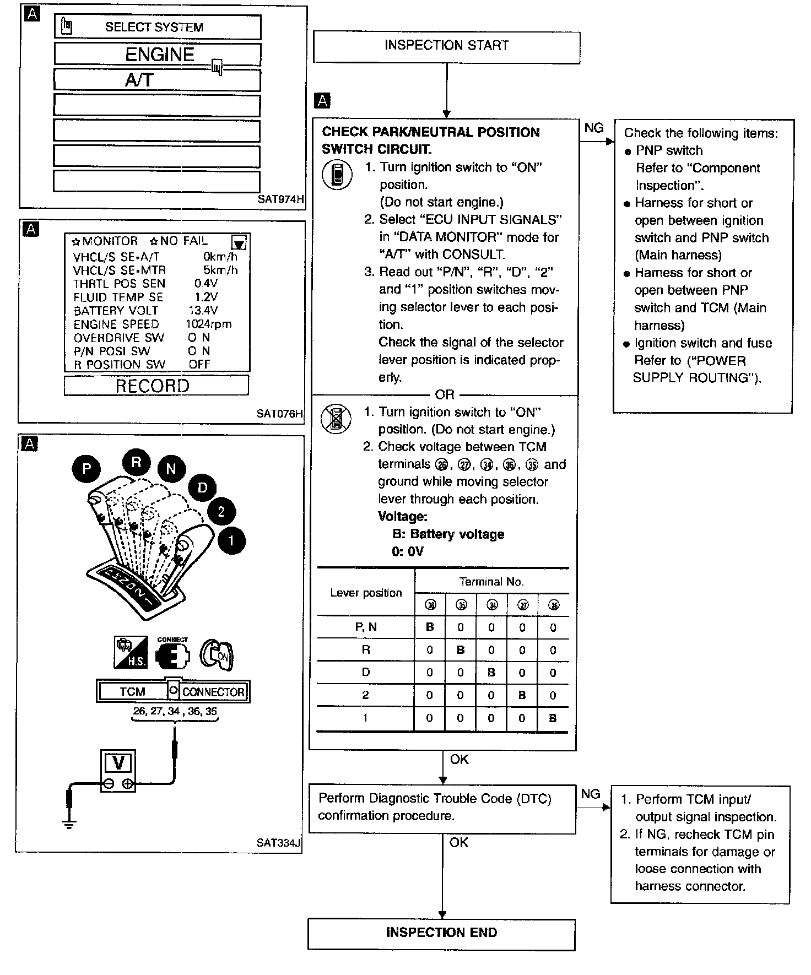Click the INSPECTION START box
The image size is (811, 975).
(446, 46)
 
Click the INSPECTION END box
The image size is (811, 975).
(441, 933)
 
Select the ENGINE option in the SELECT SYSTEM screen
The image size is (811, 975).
(158, 55)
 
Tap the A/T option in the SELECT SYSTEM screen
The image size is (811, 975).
(158, 80)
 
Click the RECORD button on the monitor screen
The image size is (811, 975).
(156, 386)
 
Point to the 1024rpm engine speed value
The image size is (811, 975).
(208, 324)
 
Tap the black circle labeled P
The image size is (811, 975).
(86, 469)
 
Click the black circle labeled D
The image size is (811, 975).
(202, 487)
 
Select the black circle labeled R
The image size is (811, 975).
(136, 463)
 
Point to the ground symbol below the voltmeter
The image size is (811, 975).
(69, 824)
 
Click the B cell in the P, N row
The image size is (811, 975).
(430, 627)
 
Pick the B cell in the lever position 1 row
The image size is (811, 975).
(553, 718)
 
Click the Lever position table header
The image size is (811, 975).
(366, 593)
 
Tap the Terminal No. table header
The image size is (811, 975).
(491, 582)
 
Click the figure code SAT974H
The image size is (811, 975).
(280, 200)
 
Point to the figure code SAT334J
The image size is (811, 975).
(279, 843)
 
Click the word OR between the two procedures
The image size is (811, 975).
(445, 395)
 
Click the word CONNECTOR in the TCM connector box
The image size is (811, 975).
(213, 692)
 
